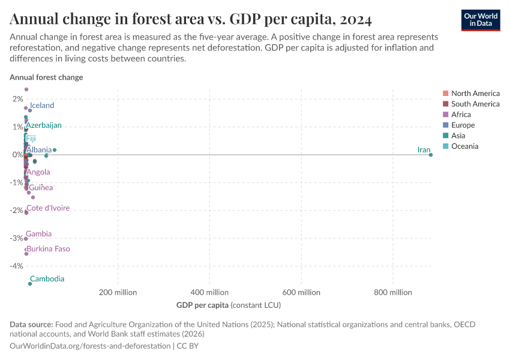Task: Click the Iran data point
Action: pyautogui.click(x=431, y=155)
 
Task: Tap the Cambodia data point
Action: pyautogui.click(x=30, y=283)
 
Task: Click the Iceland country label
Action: pyautogui.click(x=42, y=106)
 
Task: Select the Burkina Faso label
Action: pyautogui.click(x=48, y=248)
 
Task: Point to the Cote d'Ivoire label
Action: pyautogui.click(x=48, y=208)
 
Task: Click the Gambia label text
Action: pyautogui.click(x=38, y=234)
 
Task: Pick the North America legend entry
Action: pyautogui.click(x=475, y=93)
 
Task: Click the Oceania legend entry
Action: pyautogui.click(x=464, y=146)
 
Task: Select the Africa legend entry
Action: pyautogui.click(x=461, y=115)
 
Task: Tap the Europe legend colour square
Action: pyautogui.click(x=445, y=125)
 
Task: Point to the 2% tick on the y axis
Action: pyautogui.click(x=17, y=99)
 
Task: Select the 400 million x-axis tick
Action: pyautogui.click(x=209, y=292)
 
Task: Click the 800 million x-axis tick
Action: pyautogui.click(x=393, y=292)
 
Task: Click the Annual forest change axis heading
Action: pyautogui.click(x=46, y=77)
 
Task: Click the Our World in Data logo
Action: pyautogui.click(x=480, y=20)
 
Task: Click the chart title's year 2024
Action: pyautogui.click(x=355, y=20)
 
